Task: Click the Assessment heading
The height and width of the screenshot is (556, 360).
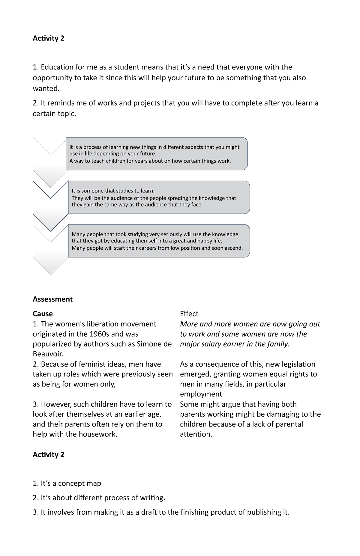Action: click(x=52, y=299)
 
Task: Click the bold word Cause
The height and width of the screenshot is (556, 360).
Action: click(x=43, y=314)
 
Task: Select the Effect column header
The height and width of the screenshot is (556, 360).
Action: click(x=189, y=314)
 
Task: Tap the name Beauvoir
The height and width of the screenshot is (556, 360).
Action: click(x=48, y=354)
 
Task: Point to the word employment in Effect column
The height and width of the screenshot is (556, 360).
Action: click(x=201, y=394)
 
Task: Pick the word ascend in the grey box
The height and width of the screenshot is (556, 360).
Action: click(x=233, y=248)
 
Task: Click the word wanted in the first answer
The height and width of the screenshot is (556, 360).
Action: click(x=46, y=89)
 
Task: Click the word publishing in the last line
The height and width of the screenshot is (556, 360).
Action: click(x=265, y=512)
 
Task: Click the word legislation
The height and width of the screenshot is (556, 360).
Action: click(x=298, y=364)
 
